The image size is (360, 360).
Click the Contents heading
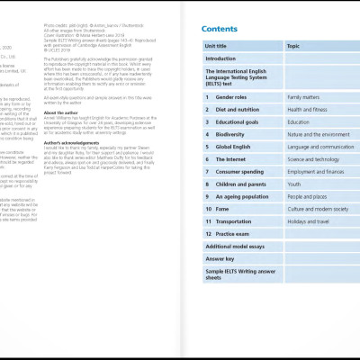[x=219, y=29]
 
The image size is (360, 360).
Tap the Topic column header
[x=293, y=45]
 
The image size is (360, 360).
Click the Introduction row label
[x=220, y=58]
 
